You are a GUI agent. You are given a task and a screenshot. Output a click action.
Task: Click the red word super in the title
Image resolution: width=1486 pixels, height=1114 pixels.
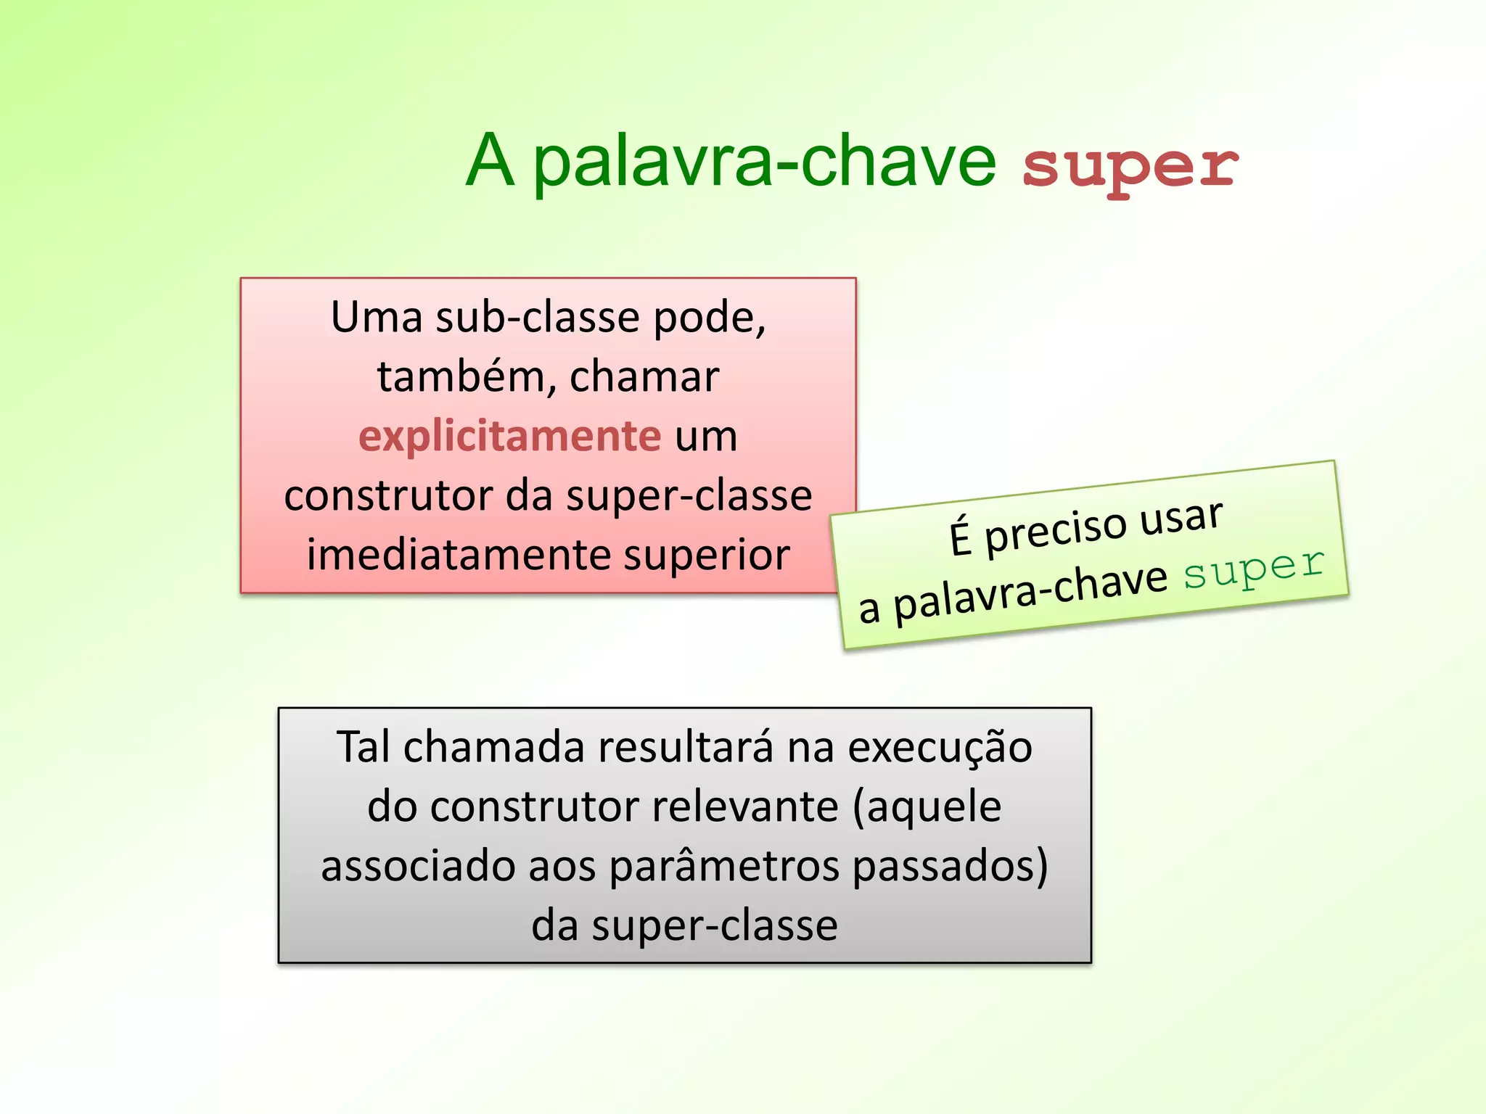point(1130,167)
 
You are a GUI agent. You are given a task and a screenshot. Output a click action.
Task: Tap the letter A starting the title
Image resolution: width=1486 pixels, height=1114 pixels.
point(490,161)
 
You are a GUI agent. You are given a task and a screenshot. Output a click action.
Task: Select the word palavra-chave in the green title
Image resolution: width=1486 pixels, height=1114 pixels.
point(765,162)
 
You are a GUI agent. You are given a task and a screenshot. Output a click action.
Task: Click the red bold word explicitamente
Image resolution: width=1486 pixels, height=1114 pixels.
point(509,437)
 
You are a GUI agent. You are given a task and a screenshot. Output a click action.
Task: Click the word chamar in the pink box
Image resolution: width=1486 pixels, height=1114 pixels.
point(644,377)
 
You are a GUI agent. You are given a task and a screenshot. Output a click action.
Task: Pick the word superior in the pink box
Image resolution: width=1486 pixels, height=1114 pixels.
point(706,556)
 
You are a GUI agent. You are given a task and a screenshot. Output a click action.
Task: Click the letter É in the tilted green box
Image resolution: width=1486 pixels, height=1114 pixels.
point(960,538)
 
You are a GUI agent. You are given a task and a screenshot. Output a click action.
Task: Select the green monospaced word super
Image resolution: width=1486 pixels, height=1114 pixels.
point(1254,567)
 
